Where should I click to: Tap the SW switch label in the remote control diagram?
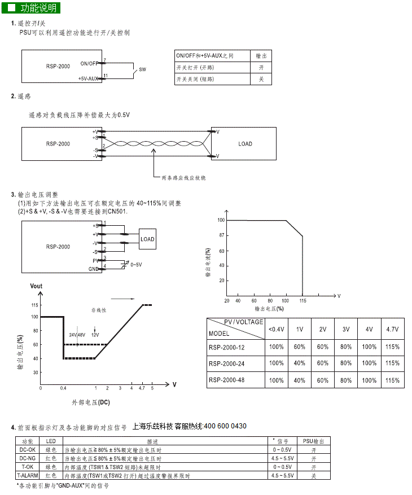(142, 69)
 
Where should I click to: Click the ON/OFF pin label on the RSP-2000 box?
(89, 63)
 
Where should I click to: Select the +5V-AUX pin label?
(89, 78)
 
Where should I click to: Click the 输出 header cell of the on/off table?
(261, 56)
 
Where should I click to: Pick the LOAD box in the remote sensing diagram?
(246, 144)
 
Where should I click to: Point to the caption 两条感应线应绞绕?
(184, 178)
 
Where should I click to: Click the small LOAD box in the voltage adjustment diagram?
(147, 239)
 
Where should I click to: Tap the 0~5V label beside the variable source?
(137, 264)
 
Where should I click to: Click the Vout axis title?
(36, 286)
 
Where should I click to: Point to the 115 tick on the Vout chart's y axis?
(34, 305)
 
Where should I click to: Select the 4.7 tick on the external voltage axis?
(141, 388)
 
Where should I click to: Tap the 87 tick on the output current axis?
(222, 235)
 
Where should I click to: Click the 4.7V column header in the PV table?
(392, 329)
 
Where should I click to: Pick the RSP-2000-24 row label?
(227, 363)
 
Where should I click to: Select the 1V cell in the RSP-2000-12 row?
(300, 347)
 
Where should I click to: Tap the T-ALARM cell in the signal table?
(28, 476)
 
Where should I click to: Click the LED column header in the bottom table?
(51, 441)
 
